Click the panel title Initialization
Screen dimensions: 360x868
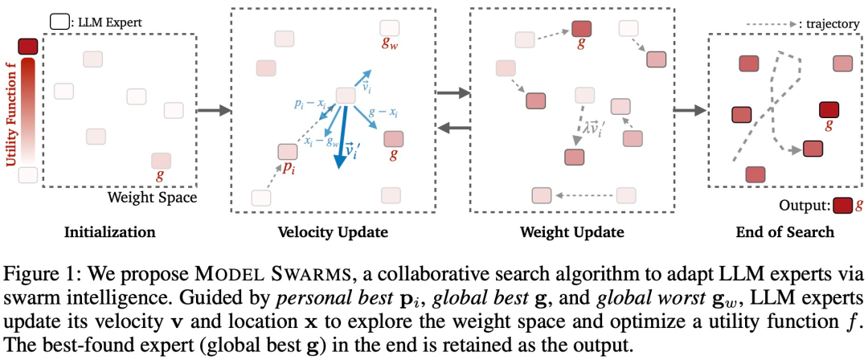coord(109,233)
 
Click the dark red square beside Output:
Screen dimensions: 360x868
coord(842,205)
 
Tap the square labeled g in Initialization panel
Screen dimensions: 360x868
coord(161,161)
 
